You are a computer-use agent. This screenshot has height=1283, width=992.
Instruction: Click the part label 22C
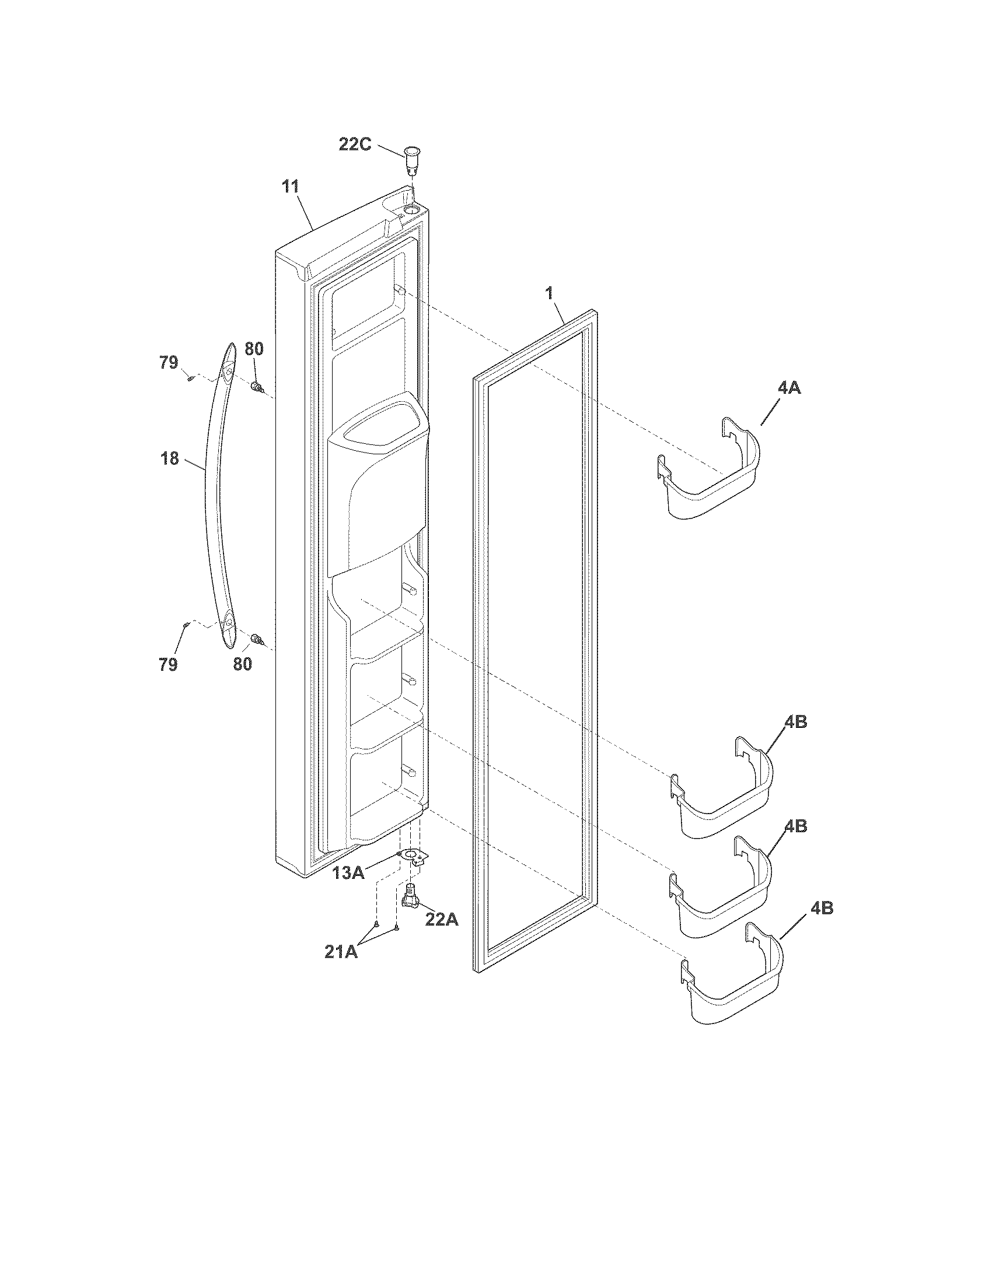(x=355, y=144)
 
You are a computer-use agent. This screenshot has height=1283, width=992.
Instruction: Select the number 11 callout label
(x=291, y=187)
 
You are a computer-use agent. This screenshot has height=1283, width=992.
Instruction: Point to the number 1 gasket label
(x=550, y=293)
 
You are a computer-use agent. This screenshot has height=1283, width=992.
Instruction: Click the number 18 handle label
(x=170, y=459)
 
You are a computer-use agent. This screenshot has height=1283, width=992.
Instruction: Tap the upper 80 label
(x=254, y=349)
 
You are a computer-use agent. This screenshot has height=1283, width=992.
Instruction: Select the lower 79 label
(x=168, y=664)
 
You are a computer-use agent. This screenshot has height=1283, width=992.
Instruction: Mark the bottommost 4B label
(x=821, y=908)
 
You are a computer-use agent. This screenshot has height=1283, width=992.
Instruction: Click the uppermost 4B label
(x=795, y=722)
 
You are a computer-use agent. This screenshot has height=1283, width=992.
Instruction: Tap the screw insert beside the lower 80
(x=256, y=639)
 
